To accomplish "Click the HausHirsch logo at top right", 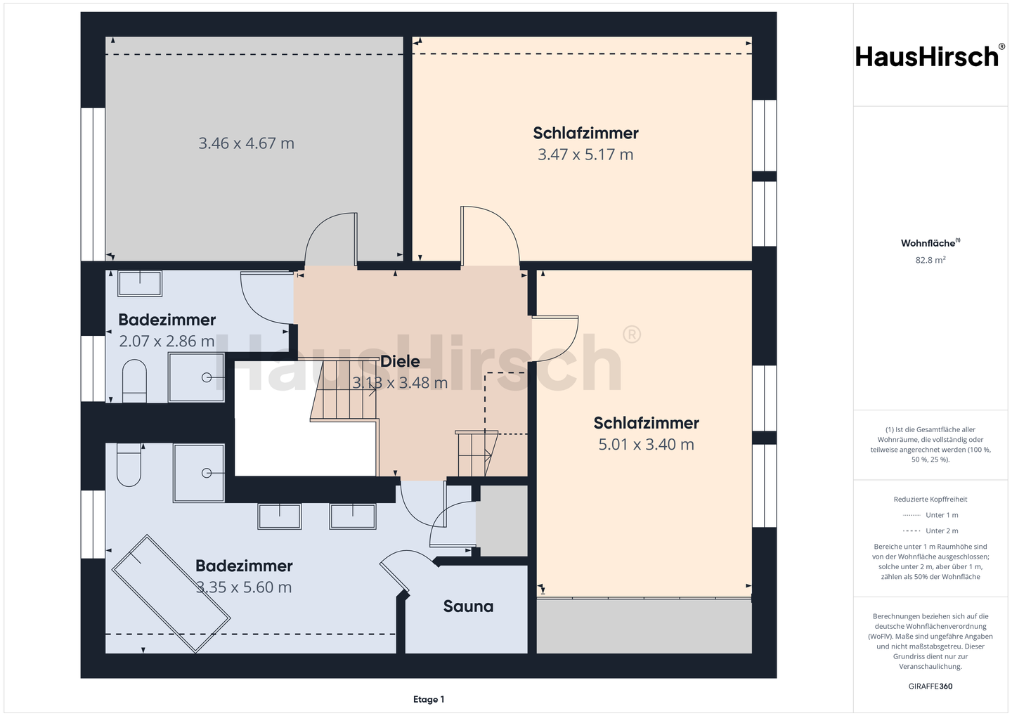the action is (x=930, y=56).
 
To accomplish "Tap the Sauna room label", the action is (x=468, y=606).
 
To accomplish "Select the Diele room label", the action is (x=400, y=361).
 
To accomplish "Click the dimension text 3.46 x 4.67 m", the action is (x=246, y=143).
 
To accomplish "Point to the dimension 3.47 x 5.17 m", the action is (x=585, y=155).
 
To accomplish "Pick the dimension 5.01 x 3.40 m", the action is (x=646, y=445).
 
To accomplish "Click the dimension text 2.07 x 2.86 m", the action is (x=167, y=341).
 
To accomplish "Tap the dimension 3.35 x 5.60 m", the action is (x=244, y=587).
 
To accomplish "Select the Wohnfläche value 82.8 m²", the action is (x=930, y=260).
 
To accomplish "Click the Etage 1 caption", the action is (x=429, y=699).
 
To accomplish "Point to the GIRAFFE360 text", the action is (x=930, y=686).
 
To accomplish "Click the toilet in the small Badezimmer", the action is (x=135, y=381).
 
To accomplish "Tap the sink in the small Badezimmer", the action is (x=140, y=283).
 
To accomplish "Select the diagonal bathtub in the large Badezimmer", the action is (x=171, y=594).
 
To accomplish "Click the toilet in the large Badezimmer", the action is (x=129, y=465).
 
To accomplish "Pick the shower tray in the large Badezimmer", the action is (x=199, y=473).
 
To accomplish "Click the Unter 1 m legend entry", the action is (x=930, y=515).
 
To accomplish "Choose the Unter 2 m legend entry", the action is (x=930, y=531).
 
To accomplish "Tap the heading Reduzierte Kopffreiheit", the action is (x=930, y=499).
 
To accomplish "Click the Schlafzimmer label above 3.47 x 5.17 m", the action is (x=585, y=134).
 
